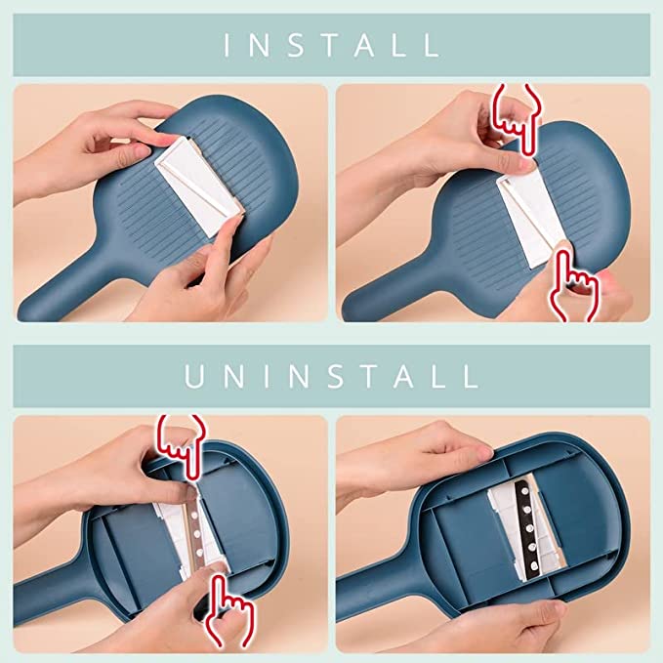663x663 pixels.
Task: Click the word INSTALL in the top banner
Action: point(331,44)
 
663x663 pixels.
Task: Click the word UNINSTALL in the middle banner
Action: point(331,376)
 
